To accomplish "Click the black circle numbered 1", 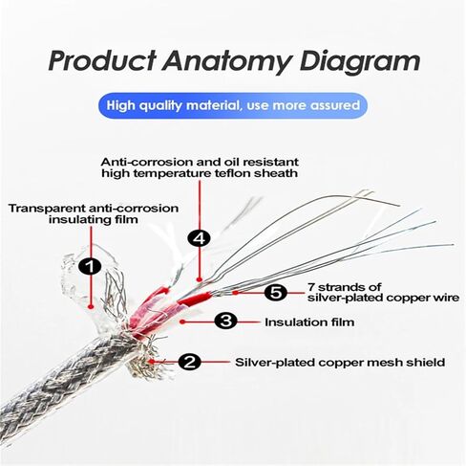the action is (91, 266).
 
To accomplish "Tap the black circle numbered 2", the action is (189, 362).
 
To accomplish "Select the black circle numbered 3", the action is (225, 322).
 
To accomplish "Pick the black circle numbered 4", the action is (200, 238).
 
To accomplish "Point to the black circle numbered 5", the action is (276, 293).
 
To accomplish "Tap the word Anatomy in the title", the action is (227, 62).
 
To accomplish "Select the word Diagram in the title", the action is (360, 62).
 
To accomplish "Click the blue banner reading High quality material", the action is (233, 105).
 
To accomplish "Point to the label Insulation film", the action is (309, 322).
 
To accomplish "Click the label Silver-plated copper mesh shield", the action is (340, 363).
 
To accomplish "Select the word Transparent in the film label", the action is (47, 209).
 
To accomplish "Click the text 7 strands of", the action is (344, 287).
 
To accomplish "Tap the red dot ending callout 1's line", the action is (91, 306).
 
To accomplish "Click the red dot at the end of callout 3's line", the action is (182, 322).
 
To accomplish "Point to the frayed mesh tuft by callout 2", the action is (145, 361).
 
